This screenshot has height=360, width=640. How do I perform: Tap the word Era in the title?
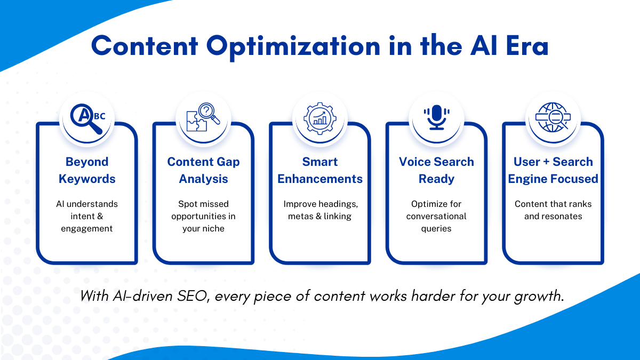(527, 46)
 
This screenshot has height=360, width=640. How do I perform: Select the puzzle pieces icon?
(197, 121)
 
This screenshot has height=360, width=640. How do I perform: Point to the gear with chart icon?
(320, 118)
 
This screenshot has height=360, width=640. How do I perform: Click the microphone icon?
(437, 117)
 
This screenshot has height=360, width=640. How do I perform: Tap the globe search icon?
(553, 117)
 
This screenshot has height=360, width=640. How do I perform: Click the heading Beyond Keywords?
(87, 170)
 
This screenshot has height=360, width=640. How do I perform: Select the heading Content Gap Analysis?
(203, 170)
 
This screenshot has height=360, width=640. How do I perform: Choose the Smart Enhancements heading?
(320, 170)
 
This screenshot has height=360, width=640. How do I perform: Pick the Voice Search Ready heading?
(437, 170)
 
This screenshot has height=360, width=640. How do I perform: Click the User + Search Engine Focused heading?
(553, 170)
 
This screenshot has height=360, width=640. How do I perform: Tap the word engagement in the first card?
(87, 229)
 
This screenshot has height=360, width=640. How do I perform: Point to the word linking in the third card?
(338, 217)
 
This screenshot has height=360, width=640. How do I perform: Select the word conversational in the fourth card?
(436, 217)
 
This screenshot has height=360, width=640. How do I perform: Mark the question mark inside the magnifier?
(206, 110)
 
